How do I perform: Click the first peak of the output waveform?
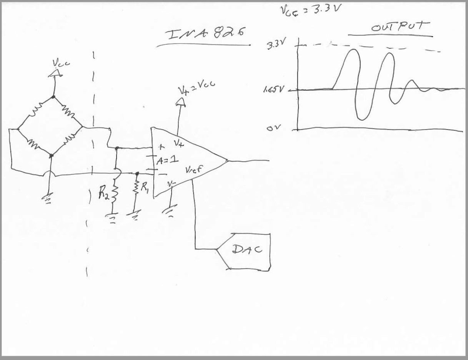[353, 50]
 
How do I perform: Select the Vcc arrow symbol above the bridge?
[54, 73]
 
